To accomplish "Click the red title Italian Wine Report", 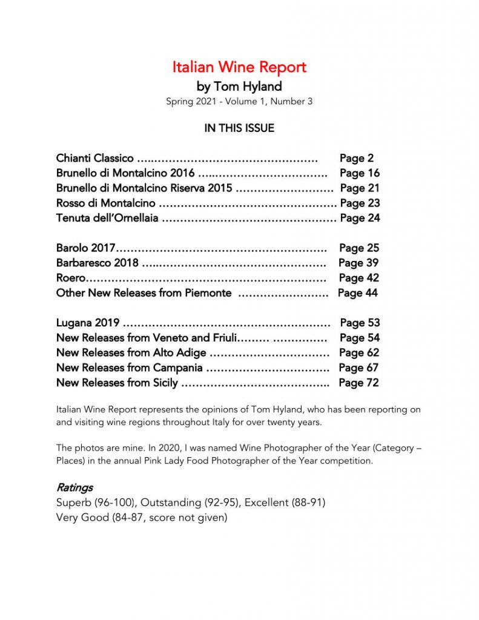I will click(x=239, y=67).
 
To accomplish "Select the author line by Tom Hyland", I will click(x=239, y=86).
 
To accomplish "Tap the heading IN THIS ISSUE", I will click(x=239, y=128).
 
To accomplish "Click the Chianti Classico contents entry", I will click(x=95, y=159).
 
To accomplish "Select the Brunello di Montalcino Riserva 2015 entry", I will click(x=144, y=188).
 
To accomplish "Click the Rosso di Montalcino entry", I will click(x=106, y=203).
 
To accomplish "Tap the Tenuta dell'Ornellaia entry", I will click(x=108, y=218).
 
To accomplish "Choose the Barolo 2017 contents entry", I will click(x=85, y=248).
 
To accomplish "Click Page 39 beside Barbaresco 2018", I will click(x=359, y=263).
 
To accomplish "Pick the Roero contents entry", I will click(x=70, y=278).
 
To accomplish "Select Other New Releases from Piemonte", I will click(x=144, y=293).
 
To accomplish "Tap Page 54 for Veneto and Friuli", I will click(x=360, y=338).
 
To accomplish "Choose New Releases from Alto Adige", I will click(x=131, y=353).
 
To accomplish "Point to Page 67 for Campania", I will click(x=359, y=368).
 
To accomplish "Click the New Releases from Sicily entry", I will click(x=117, y=383).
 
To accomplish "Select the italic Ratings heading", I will click(x=74, y=487).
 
